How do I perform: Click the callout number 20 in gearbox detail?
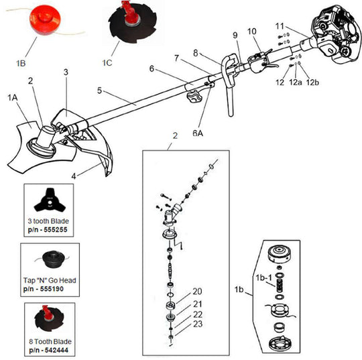click(x=197, y=291)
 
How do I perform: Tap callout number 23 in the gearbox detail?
click(x=197, y=324)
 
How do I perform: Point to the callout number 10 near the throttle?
click(x=251, y=32)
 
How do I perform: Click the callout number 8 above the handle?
click(x=196, y=52)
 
